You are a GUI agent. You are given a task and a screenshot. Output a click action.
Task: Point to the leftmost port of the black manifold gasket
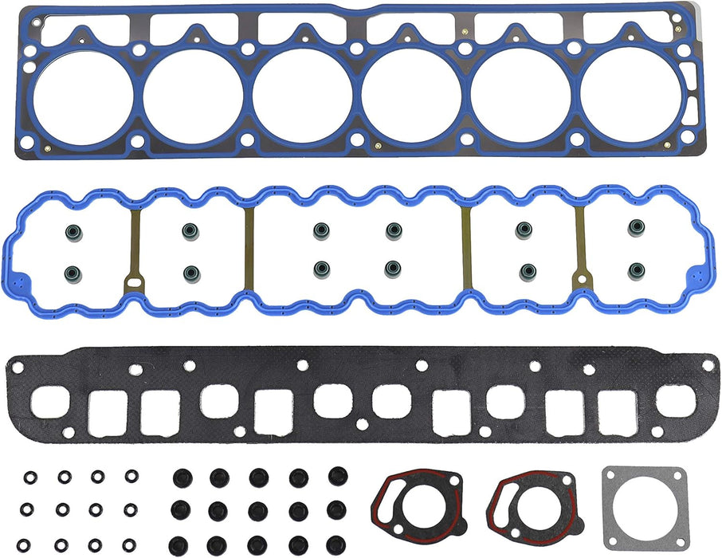49,402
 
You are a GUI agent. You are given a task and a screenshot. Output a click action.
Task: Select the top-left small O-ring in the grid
30,477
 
